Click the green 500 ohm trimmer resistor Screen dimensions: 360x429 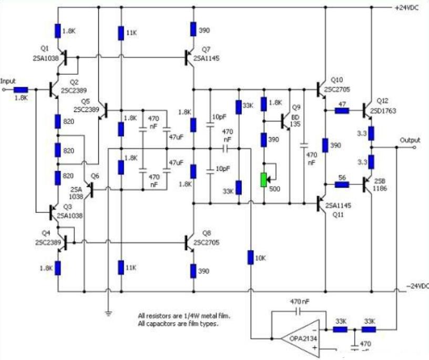point(263,180)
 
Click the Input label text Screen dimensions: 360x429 point(8,81)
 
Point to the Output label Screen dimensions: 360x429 point(410,140)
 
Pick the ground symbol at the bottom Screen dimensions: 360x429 point(108,313)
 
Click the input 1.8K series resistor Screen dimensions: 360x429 point(21,89)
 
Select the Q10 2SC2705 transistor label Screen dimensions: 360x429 point(339,84)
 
